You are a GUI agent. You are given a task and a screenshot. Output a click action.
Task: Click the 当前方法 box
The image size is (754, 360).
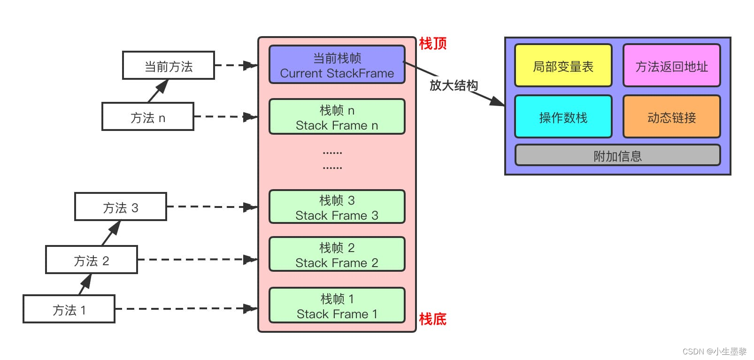pyautogui.click(x=168, y=66)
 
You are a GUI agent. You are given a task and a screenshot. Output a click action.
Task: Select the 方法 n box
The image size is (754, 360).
pyautogui.click(x=147, y=117)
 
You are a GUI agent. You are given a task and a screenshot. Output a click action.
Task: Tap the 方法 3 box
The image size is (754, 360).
pyautogui.click(x=120, y=207)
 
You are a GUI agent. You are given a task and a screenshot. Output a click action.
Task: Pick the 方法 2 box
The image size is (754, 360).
pyautogui.click(x=91, y=260)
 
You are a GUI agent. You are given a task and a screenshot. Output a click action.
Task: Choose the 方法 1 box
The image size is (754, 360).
pyautogui.click(x=69, y=309)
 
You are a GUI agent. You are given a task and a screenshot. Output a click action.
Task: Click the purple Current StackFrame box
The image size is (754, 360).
pyautogui.click(x=337, y=65)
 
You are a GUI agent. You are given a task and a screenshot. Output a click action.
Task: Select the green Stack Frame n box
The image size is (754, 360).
pyautogui.click(x=337, y=117)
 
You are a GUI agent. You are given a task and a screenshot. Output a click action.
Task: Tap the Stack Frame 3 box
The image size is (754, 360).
pyautogui.click(x=337, y=207)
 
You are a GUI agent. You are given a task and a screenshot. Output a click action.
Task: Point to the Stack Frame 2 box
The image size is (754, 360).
pyautogui.click(x=337, y=254)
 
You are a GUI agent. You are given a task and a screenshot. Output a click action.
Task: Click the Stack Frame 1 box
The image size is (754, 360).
pyautogui.click(x=337, y=306)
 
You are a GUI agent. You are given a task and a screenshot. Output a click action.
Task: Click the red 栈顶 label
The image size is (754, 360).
pyautogui.click(x=432, y=44)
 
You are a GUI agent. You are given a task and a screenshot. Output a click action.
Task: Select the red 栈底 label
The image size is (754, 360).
pyautogui.click(x=432, y=319)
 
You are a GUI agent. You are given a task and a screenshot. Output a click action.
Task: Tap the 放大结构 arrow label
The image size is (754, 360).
pyautogui.click(x=454, y=85)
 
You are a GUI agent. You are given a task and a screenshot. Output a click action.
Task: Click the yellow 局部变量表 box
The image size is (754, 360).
pyautogui.click(x=563, y=66)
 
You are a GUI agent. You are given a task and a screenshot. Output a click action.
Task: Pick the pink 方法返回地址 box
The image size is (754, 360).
pyautogui.click(x=671, y=66)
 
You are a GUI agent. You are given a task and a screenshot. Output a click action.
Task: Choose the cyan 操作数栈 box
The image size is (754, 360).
pyautogui.click(x=563, y=117)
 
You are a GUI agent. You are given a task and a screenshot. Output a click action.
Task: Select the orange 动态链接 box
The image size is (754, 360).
pyautogui.click(x=671, y=117)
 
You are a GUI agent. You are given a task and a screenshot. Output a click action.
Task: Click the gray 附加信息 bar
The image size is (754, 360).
pyautogui.click(x=617, y=155)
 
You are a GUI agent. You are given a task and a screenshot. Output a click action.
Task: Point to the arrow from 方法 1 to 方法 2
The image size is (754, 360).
pyautogui.click(x=85, y=284)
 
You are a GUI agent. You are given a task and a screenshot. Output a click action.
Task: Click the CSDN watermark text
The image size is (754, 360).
pyautogui.click(x=714, y=351)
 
